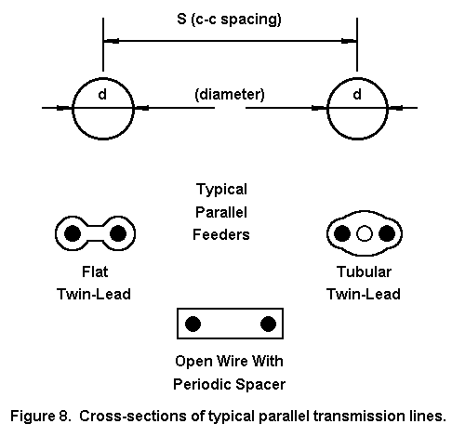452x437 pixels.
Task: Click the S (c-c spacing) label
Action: tap(229, 20)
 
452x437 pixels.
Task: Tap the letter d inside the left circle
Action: tap(102, 94)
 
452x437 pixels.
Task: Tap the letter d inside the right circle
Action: tap(357, 94)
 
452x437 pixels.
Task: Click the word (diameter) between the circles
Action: tap(230, 95)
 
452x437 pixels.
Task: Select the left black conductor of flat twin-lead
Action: tap(73, 233)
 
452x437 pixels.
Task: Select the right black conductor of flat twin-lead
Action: tap(118, 233)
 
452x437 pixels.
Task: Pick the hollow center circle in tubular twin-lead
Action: tap(365, 233)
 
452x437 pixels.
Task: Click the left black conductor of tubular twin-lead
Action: tap(342, 233)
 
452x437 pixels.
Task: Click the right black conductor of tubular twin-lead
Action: tap(387, 233)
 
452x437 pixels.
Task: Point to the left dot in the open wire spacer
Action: tap(193, 324)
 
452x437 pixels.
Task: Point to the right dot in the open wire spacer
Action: tap(268, 324)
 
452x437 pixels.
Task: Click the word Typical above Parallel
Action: tap(221, 190)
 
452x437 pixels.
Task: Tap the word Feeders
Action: tap(221, 234)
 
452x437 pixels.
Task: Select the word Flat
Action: tap(95, 271)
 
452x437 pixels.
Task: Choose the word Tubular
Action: tap(364, 271)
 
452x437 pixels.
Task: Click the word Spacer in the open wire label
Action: tap(260, 385)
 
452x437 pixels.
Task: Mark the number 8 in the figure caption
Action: tap(62, 416)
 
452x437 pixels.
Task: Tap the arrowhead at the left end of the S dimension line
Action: tap(111, 41)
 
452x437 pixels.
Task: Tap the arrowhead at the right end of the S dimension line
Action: tap(349, 41)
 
